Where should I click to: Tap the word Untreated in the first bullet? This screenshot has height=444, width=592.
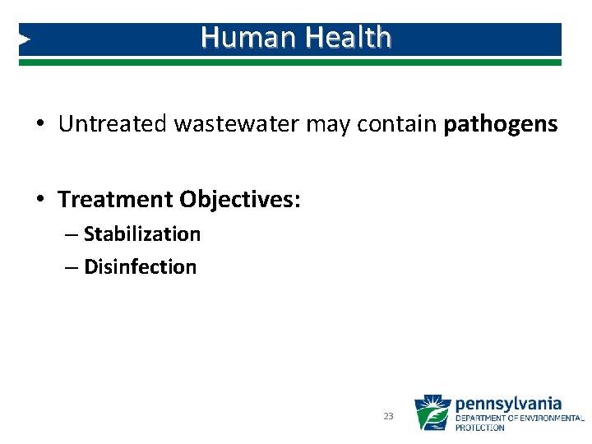point(113,124)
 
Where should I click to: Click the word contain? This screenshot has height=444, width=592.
point(396,124)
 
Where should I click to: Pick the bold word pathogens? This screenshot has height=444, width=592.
point(500,125)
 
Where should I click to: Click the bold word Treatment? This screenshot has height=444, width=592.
point(115,200)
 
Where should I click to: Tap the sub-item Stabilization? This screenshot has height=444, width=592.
point(142,234)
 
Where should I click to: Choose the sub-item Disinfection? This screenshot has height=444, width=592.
point(141,267)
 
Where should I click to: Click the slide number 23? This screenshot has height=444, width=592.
point(388,417)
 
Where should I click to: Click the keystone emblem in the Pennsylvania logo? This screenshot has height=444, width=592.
point(432,413)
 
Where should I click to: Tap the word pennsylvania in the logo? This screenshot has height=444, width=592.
point(508,404)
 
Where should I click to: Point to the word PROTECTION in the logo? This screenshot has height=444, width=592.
point(480,428)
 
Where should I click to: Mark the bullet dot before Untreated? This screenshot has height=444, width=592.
point(39,125)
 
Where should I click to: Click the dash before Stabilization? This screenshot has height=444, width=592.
point(72,234)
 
